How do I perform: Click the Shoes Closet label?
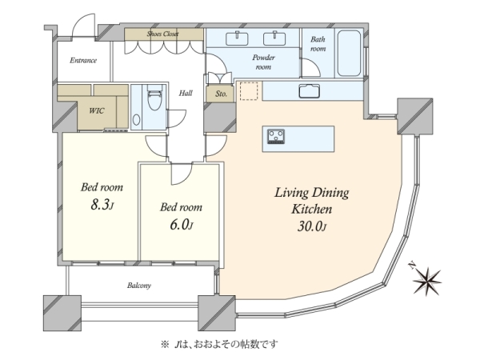pos(162,34)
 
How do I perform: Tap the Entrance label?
pos(83,60)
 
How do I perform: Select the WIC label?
pos(97,110)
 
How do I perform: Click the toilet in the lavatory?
pos(154,97)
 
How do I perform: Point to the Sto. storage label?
pos(221,94)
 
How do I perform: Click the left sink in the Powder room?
pos(237,38)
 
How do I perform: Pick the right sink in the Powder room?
pos(274,38)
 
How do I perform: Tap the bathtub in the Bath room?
pos(349,53)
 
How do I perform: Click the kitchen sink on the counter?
pos(310,91)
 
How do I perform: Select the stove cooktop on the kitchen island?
pos(276,136)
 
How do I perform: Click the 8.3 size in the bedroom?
pos(102,204)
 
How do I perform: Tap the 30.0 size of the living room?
pos(312,226)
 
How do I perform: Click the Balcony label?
pos(139,286)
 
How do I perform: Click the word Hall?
pos(186,93)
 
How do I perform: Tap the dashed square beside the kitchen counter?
pos(249,90)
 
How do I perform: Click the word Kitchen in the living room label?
pos(312,209)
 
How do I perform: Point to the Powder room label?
pos(263,62)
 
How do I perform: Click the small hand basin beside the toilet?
pos(137,119)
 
